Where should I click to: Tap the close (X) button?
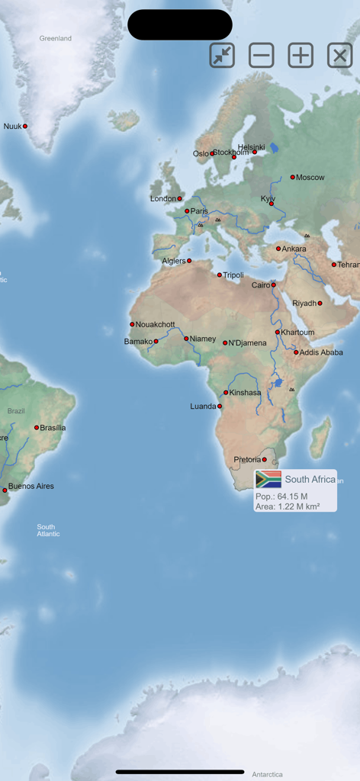tap(339, 56)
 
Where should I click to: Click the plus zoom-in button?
tap(301, 56)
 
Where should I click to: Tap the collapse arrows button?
tap(222, 56)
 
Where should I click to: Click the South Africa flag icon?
tap(268, 479)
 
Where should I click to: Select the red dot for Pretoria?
tap(265, 460)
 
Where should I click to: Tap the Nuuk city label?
tap(13, 127)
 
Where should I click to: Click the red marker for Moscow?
tap(292, 177)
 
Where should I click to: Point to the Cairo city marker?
tap(273, 285)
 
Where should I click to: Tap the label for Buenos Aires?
tap(31, 486)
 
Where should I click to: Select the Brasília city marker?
tap(36, 428)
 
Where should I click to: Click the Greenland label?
tap(56, 38)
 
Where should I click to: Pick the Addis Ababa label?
tap(321, 352)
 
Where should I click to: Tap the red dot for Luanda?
tap(220, 407)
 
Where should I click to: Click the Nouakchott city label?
tap(155, 324)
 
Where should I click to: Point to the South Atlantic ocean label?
tap(48, 530)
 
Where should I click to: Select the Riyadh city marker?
tap(320, 304)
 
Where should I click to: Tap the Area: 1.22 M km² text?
tap(288, 506)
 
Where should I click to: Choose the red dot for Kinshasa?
tap(226, 393)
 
